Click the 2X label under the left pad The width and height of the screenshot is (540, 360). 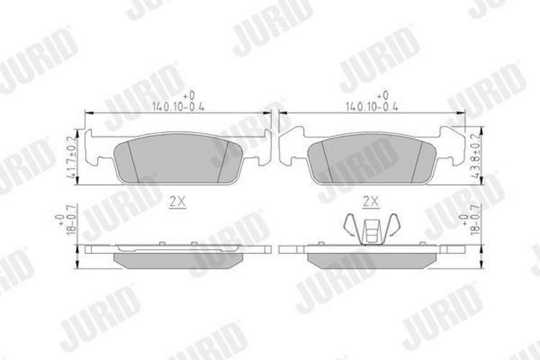pyautogui.click(x=176, y=203)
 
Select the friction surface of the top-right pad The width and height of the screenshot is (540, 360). pyautogui.click(x=371, y=158)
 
